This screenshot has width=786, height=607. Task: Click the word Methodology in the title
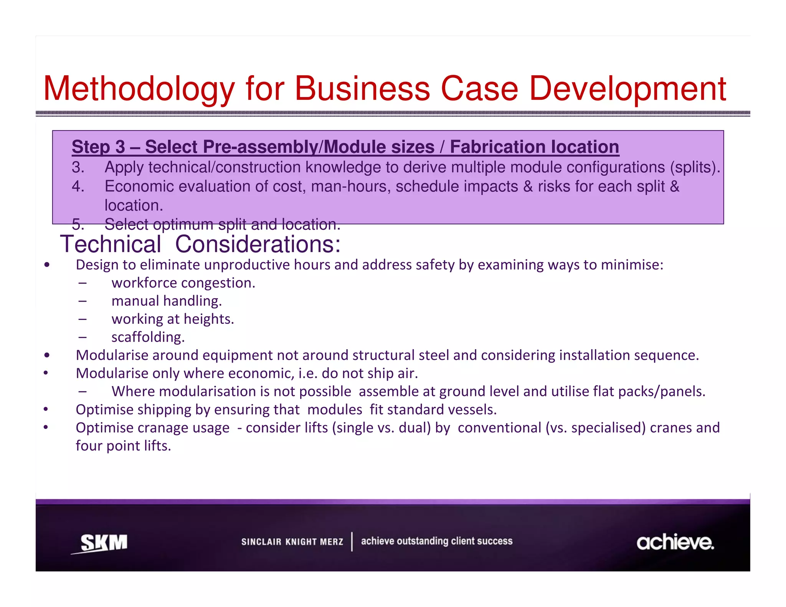click(x=139, y=89)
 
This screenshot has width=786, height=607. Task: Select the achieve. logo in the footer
click(x=675, y=542)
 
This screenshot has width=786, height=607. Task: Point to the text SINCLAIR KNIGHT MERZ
click(x=292, y=542)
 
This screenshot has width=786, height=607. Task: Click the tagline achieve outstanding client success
click(x=436, y=541)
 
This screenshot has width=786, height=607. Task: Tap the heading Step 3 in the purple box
click(x=98, y=147)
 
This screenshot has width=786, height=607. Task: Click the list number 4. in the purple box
click(x=78, y=186)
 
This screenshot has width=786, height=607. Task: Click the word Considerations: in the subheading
click(x=258, y=244)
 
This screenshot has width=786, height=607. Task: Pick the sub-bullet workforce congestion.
click(x=183, y=283)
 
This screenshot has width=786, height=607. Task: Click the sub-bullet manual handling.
click(x=167, y=301)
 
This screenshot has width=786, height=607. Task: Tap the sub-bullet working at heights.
click(x=173, y=319)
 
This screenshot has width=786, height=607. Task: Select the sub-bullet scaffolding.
click(x=148, y=337)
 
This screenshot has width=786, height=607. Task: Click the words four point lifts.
click(x=123, y=446)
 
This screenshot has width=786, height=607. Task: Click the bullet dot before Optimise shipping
click(x=46, y=409)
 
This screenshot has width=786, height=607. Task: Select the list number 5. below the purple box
click(x=78, y=224)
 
